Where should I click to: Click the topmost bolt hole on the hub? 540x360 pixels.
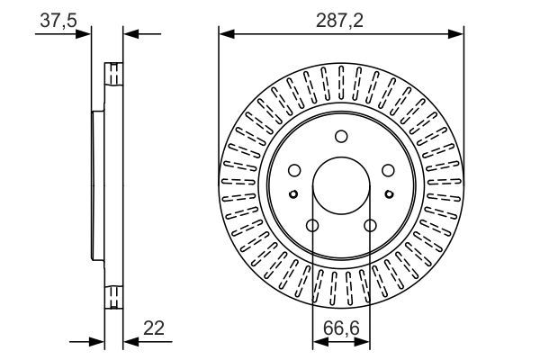pyautogui.click(x=341, y=137)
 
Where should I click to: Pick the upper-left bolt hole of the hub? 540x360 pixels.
pyautogui.click(x=294, y=170)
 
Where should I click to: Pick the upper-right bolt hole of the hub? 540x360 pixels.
pyautogui.click(x=388, y=170)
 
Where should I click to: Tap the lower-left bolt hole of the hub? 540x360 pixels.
pyautogui.click(x=312, y=226)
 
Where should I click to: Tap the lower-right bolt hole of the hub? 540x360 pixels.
pyautogui.click(x=370, y=226)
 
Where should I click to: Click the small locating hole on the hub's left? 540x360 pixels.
pyautogui.click(x=293, y=193)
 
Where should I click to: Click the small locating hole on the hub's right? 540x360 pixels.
pyautogui.click(x=389, y=193)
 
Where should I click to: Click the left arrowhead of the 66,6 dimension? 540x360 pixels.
pyautogui.click(x=318, y=342)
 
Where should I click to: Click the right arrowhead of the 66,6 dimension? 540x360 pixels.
pyautogui.click(x=364, y=342)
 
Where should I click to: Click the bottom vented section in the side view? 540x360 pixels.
pyautogui.click(x=114, y=296)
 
